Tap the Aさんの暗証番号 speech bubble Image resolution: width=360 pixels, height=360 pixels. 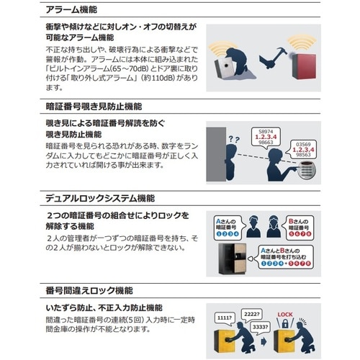pos(228,225)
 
